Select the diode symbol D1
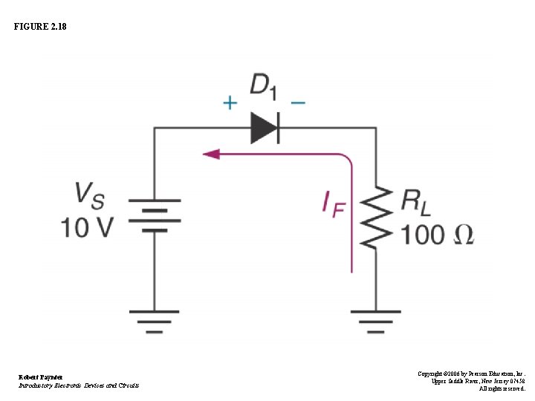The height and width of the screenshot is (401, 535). click(265, 128)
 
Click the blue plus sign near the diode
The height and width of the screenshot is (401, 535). click(231, 102)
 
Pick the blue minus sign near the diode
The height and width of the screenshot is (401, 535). click(297, 102)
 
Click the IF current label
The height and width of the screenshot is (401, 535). click(334, 203)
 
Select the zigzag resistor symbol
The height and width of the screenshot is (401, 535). click(377, 217)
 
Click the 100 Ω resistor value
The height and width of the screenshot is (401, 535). click(436, 235)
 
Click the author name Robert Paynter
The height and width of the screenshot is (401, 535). click(40, 377)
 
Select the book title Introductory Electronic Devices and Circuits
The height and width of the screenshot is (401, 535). click(78, 385)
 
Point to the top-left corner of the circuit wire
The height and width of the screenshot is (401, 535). click(155, 129)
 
